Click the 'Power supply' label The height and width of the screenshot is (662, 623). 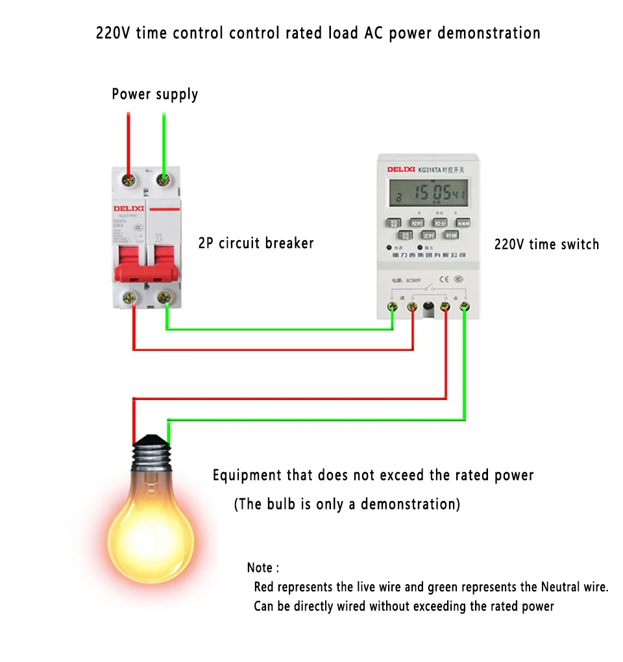click(154, 94)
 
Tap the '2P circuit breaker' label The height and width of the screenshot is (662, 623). click(256, 243)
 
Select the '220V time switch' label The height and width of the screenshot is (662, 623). click(546, 245)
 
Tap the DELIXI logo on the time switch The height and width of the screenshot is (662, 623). click(401, 169)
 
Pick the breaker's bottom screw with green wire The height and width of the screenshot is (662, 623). click(164, 297)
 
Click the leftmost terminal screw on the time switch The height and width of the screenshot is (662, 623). click(392, 306)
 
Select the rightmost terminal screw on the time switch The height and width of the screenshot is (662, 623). click(465, 306)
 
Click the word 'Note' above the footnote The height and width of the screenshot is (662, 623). click(260, 568)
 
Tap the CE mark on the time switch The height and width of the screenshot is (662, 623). click(443, 280)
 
